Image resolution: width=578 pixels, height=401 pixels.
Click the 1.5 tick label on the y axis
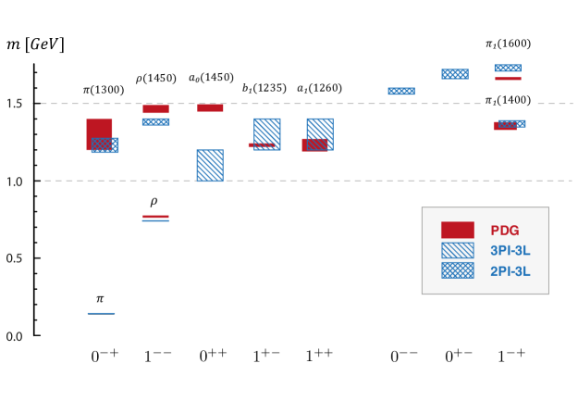pyautogui.click(x=14, y=103)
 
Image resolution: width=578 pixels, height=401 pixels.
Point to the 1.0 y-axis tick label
pyautogui.click(x=14, y=182)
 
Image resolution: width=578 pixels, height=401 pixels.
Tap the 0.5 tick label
pyautogui.click(x=14, y=258)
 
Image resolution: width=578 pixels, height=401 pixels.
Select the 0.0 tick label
pyautogui.click(x=14, y=336)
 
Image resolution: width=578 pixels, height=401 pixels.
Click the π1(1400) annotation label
pyautogui.click(x=510, y=100)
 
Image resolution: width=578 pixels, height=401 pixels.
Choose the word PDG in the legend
pyautogui.click(x=504, y=231)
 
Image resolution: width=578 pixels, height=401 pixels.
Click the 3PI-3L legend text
pyautogui.click(x=510, y=251)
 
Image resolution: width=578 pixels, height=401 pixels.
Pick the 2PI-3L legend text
pyautogui.click(x=510, y=271)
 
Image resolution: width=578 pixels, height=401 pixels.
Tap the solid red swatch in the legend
pyautogui.click(x=457, y=231)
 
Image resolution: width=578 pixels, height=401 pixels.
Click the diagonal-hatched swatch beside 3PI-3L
pyautogui.click(x=457, y=251)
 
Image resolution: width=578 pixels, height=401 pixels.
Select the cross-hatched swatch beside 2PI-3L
pyautogui.click(x=457, y=270)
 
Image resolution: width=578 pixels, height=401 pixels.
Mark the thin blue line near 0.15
pyautogui.click(x=102, y=313)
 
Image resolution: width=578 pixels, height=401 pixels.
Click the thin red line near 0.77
pyautogui.click(x=155, y=216)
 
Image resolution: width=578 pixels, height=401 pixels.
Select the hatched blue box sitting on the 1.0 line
pyautogui.click(x=210, y=165)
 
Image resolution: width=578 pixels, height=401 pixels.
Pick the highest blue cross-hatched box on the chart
pyautogui.click(x=508, y=68)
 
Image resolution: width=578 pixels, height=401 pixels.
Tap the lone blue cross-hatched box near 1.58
pyautogui.click(x=401, y=91)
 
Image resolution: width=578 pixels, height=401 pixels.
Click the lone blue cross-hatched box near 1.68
pyautogui.click(x=455, y=74)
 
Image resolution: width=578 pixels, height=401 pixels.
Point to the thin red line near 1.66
pyautogui.click(x=508, y=79)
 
